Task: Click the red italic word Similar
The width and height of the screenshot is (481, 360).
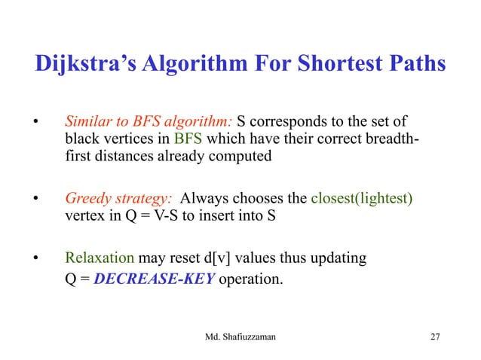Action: pyautogui.click(x=87, y=121)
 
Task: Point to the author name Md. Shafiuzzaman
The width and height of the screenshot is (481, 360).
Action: pyautogui.click(x=240, y=336)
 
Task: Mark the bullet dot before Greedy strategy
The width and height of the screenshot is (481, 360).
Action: pyautogui.click(x=33, y=200)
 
